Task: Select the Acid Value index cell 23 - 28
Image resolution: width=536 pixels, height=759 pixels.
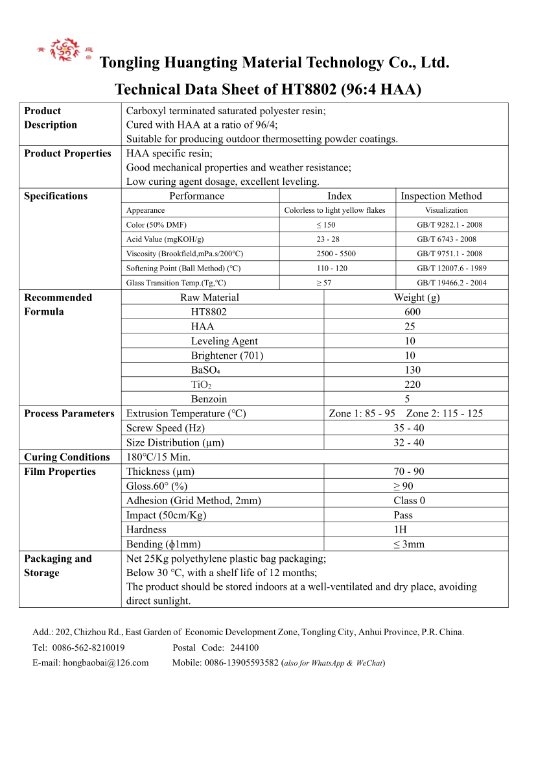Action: (x=328, y=239)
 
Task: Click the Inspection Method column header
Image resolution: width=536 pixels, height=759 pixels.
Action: (x=441, y=196)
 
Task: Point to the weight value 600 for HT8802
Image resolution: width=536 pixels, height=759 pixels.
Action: (x=412, y=312)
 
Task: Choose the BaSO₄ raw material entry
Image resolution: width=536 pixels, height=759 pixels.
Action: (x=206, y=370)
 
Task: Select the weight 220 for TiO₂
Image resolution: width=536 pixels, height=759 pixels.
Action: (x=412, y=385)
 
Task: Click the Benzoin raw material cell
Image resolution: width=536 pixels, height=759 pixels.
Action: (x=209, y=399)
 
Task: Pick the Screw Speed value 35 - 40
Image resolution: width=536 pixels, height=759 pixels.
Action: (x=409, y=428)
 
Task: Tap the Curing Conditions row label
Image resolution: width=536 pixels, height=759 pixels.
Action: (x=67, y=457)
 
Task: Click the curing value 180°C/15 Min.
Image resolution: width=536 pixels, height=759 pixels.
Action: (x=158, y=457)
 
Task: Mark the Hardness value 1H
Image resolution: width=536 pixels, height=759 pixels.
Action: (x=401, y=530)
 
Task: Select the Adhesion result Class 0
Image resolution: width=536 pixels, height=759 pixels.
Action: (x=410, y=501)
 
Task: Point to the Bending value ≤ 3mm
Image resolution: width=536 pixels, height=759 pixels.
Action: (x=409, y=544)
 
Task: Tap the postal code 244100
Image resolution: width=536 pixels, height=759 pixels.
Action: (x=244, y=647)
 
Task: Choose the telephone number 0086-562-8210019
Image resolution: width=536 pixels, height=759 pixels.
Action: (x=87, y=647)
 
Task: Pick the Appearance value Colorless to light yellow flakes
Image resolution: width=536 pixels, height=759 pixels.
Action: (x=334, y=210)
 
